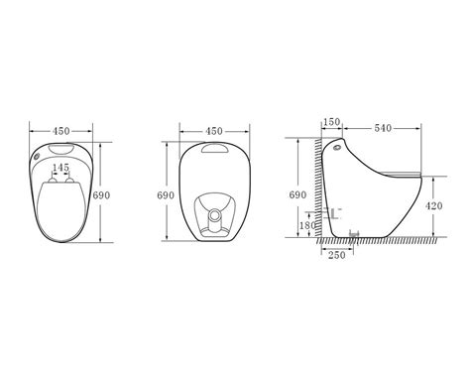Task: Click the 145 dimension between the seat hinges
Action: coord(61,168)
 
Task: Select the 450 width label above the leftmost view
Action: coord(61,131)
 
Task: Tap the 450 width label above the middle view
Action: coord(214,131)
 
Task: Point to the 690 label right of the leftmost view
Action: coord(101,195)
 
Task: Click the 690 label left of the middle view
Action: coord(166,195)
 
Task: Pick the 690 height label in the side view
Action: coord(297,194)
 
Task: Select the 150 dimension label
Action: coord(331,122)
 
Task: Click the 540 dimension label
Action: coord(383,128)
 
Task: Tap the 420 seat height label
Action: coord(433,206)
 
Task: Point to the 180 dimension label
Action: coord(307,225)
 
